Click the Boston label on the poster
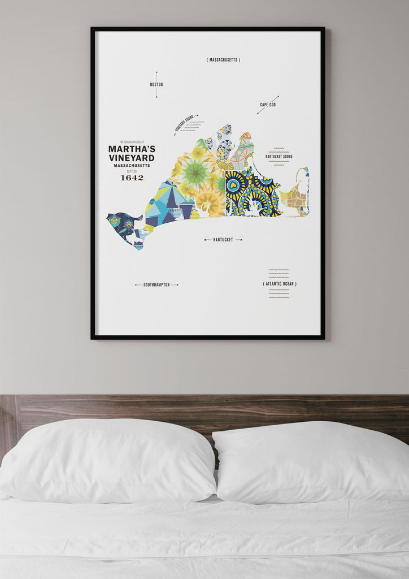point(156,85)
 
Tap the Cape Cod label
point(267,105)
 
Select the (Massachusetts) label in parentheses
point(223,60)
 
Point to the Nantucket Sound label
point(279,156)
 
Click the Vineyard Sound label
point(184,124)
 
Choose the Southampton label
point(156,284)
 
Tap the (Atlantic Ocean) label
point(280,284)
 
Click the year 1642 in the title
point(132,178)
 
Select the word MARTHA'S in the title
point(131,149)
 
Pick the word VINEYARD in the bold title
point(131,158)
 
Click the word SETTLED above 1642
point(132,171)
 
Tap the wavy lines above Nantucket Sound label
point(279,150)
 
